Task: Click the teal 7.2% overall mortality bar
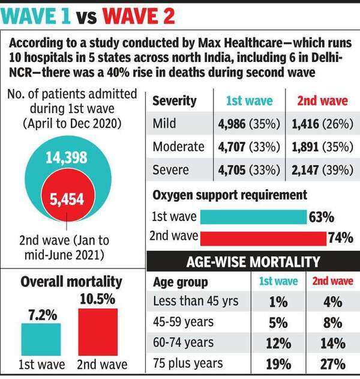point(41,340)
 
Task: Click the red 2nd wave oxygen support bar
point(263,238)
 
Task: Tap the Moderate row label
point(179,147)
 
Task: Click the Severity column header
point(175,101)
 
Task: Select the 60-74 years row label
point(183,344)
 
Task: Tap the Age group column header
point(181,282)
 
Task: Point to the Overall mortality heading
point(71,282)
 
